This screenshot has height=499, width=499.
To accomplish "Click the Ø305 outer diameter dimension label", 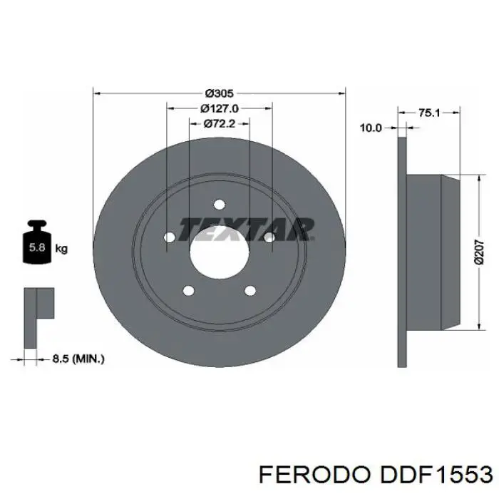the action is click(220, 93).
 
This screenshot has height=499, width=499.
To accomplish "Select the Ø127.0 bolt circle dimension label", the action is click(220, 109).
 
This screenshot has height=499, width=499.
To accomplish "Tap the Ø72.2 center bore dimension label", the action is click(220, 124).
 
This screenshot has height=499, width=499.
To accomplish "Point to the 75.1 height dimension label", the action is click(429, 113).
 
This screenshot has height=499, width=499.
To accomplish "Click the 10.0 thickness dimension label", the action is click(371, 128).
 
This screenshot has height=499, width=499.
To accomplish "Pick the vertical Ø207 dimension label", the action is click(479, 252).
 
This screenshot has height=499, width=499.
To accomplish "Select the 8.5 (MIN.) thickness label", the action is click(78, 359).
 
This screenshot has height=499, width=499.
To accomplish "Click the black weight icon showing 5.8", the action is click(37, 242).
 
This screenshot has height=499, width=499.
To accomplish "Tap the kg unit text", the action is click(61, 249).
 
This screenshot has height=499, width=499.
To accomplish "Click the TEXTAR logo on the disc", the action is click(247, 229).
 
